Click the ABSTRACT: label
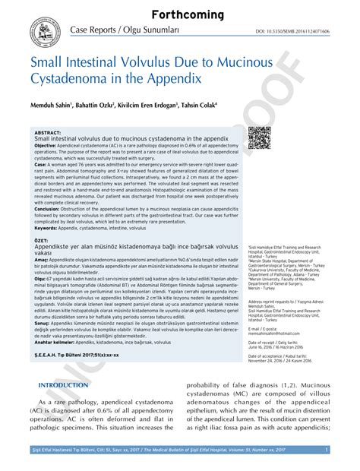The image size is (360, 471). [x=48, y=132]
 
